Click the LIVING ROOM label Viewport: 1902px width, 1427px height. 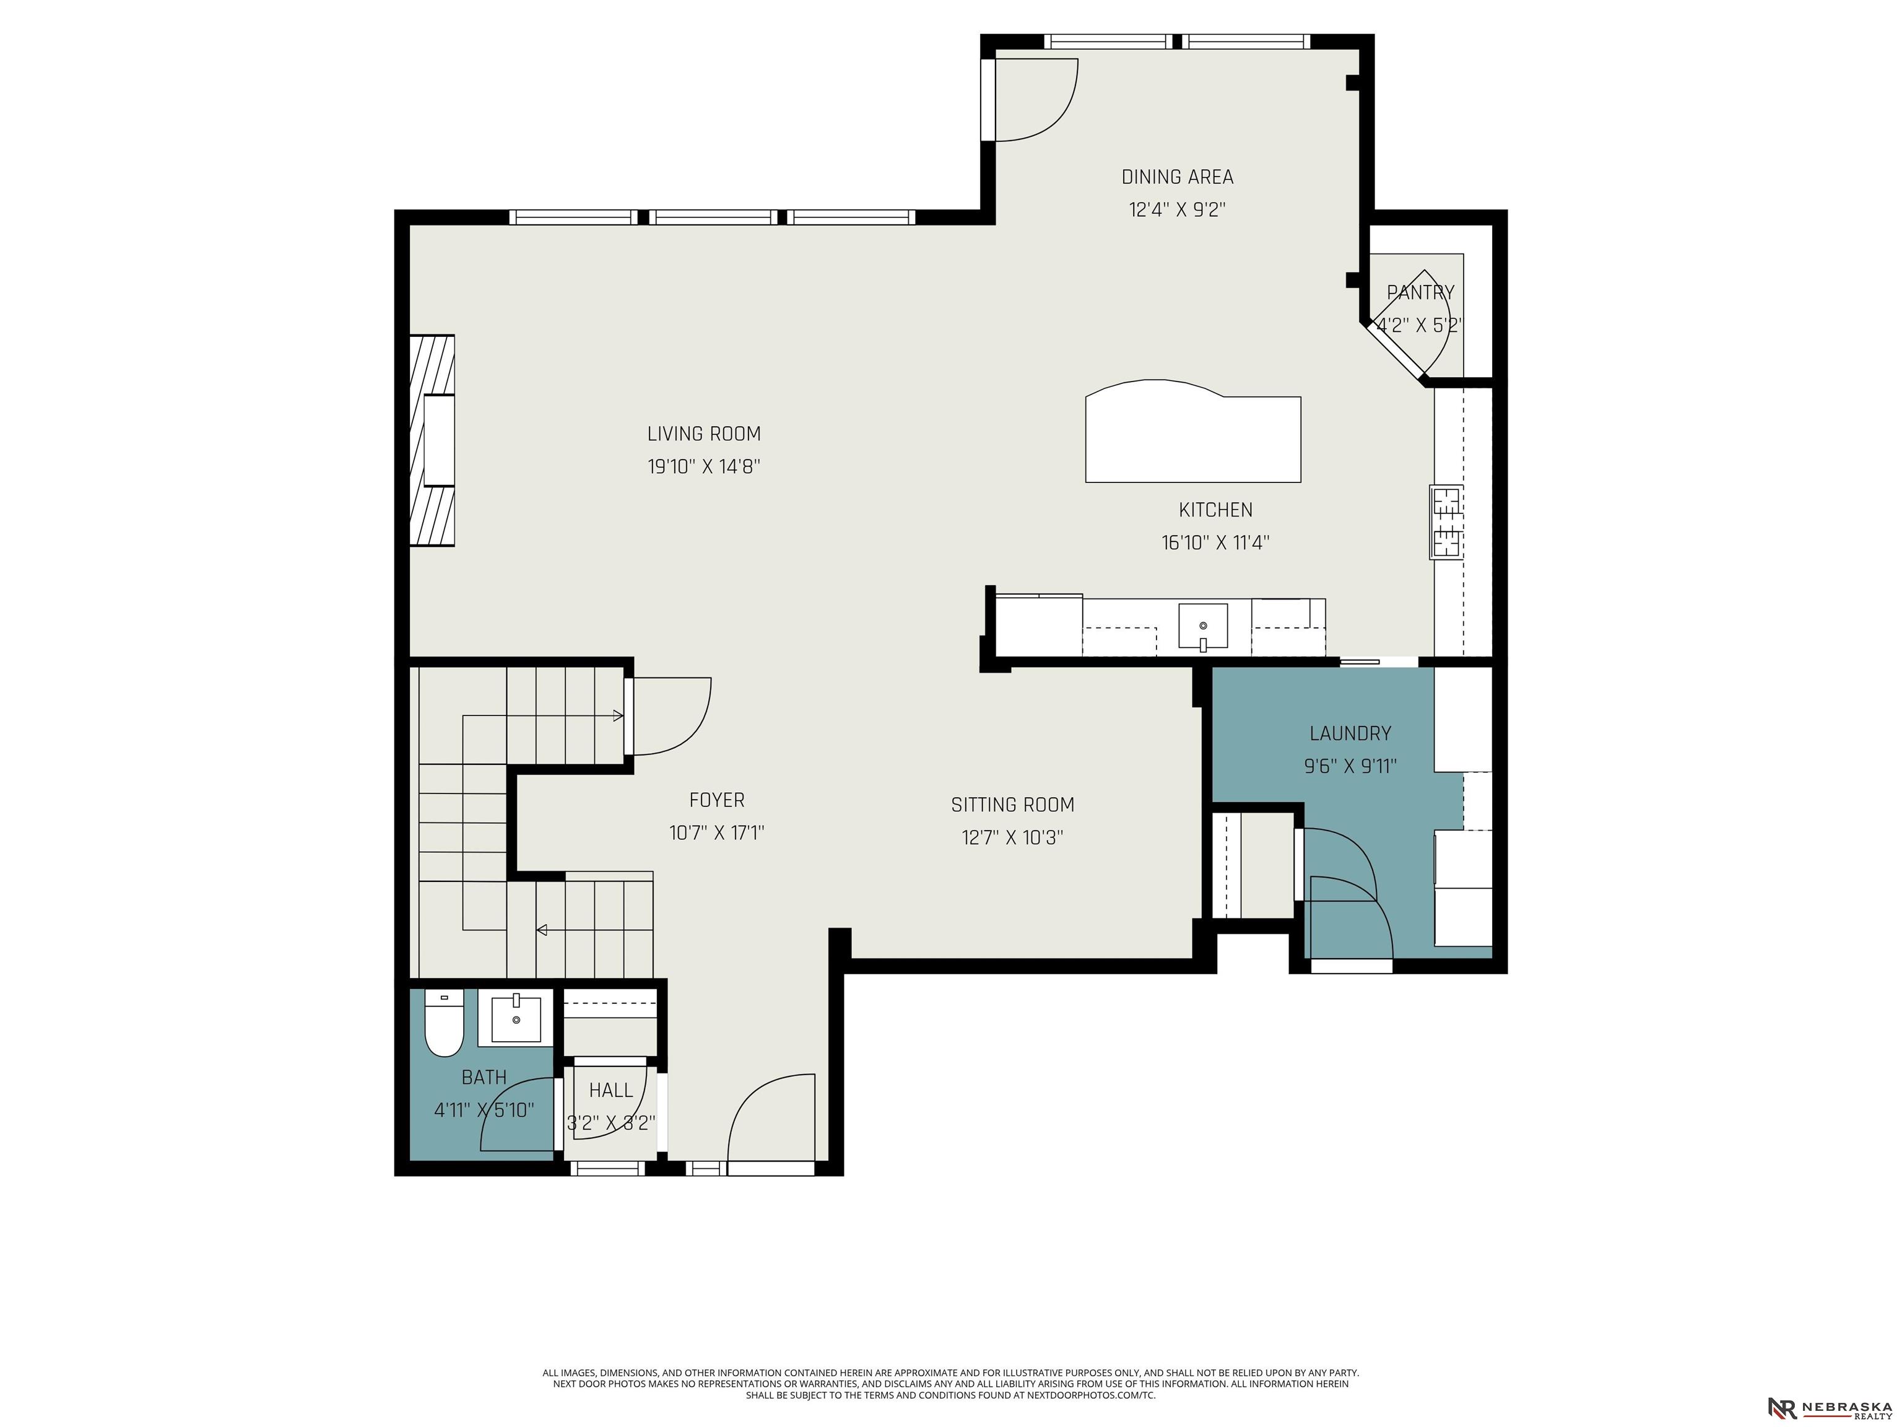pos(704,434)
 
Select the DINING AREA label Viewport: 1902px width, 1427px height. pos(1177,177)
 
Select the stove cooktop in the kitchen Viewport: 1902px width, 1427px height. pos(1447,522)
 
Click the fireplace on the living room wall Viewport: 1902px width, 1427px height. pos(433,440)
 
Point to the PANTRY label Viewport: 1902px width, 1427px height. pos(1420,292)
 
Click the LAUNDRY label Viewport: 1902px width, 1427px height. pos(1350,734)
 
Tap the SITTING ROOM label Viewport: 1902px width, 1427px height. pos(1012,805)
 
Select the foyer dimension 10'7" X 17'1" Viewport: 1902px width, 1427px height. pos(716,832)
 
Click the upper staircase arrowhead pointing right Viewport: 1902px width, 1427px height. pos(619,715)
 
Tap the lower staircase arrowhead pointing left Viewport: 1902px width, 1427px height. pos(542,930)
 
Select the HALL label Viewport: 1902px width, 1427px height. pos(611,1091)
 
